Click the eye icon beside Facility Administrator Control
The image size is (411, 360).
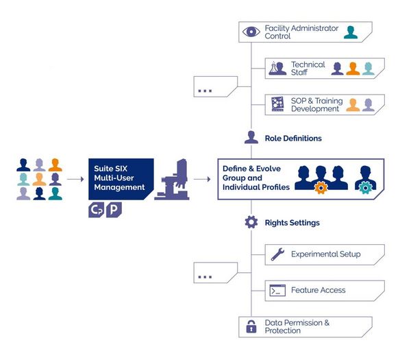(x=251, y=32)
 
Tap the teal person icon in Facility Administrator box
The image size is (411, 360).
(x=351, y=32)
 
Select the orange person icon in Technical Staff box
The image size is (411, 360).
(x=353, y=69)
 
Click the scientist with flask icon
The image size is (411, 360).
(x=277, y=68)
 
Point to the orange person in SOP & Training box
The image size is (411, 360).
(x=353, y=105)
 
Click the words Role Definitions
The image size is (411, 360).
(x=293, y=139)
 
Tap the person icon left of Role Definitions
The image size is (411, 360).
(x=251, y=137)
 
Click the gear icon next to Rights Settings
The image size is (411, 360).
(x=251, y=222)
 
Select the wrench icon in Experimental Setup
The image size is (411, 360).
(x=277, y=254)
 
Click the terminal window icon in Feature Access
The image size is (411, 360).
(x=277, y=290)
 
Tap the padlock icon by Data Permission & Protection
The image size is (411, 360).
(x=251, y=326)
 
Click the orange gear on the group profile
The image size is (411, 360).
(x=321, y=188)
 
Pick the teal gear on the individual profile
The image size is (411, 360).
(x=365, y=188)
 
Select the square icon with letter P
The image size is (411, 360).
(x=114, y=210)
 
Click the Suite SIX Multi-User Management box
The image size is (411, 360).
(x=121, y=179)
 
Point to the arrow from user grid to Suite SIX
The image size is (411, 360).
(x=75, y=179)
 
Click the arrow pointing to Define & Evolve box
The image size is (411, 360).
(x=202, y=179)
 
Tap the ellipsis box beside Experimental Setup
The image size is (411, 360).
(x=216, y=273)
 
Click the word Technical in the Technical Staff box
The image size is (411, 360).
(x=308, y=64)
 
